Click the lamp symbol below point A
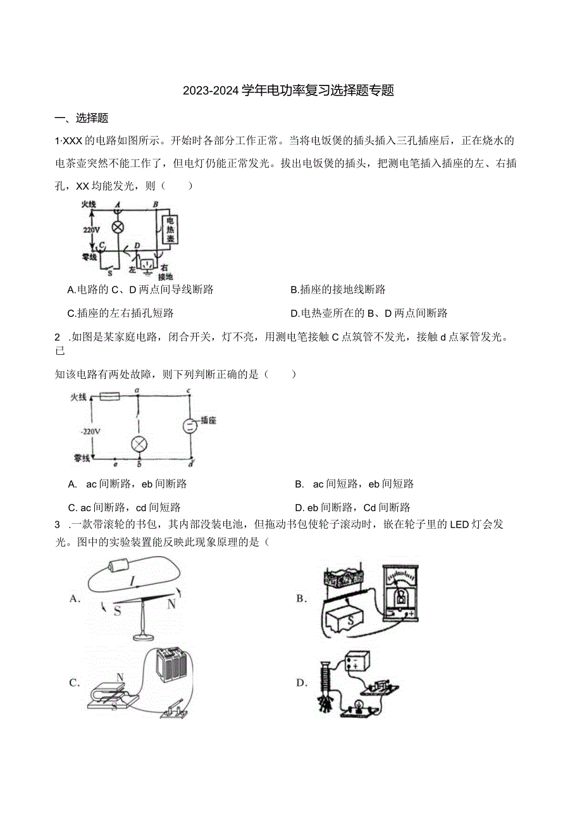(116, 227)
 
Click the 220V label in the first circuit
(91, 230)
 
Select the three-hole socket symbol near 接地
(147, 264)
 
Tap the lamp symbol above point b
(138, 443)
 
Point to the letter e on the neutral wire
(115, 464)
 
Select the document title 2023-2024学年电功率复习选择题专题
(288, 90)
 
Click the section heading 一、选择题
(82, 118)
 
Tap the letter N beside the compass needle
(171, 603)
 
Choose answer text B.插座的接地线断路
(338, 290)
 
